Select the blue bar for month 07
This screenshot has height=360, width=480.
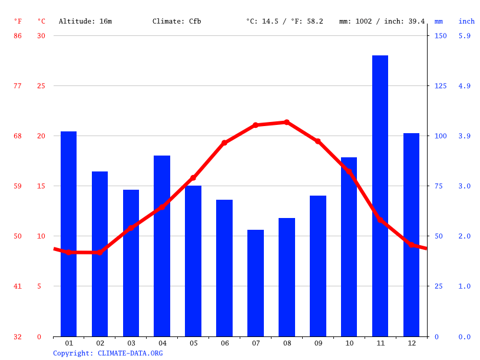256,283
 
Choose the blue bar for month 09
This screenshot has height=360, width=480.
318,266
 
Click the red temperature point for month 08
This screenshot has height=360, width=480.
287,123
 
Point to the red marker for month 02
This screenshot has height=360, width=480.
100,252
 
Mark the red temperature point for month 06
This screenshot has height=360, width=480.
224,143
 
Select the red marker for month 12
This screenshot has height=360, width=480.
411,244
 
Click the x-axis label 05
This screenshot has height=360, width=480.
193,343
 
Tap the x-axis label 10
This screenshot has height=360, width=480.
349,343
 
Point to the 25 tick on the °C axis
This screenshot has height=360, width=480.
41,86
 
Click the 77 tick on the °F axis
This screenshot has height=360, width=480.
18,86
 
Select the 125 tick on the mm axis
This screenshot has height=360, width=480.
441,86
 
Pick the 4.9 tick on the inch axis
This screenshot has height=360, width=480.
465,86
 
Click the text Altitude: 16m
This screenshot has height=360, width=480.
85,21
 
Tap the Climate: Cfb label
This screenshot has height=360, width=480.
177,21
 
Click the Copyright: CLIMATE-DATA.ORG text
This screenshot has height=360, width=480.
108,353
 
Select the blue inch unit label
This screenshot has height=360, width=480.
466,21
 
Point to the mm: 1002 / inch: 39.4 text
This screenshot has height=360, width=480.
382,21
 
